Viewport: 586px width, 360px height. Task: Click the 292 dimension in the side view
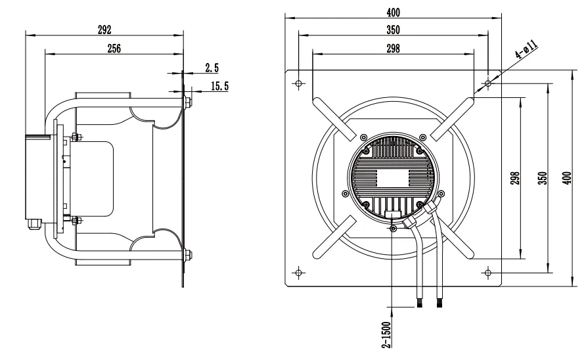pos(104,30)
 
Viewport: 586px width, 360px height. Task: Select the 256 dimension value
pos(114,49)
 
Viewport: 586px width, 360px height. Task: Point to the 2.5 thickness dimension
pos(212,68)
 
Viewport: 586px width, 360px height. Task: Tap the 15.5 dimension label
pos(219,86)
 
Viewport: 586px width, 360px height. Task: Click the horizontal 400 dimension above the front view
pos(393,12)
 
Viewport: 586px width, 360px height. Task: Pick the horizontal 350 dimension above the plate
pos(393,30)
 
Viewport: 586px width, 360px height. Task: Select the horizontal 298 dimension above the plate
pos(393,49)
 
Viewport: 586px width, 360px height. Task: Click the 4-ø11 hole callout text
pos(526,49)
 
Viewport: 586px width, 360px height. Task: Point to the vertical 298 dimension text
pos(515,178)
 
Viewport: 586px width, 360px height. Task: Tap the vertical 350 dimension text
pos(542,178)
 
